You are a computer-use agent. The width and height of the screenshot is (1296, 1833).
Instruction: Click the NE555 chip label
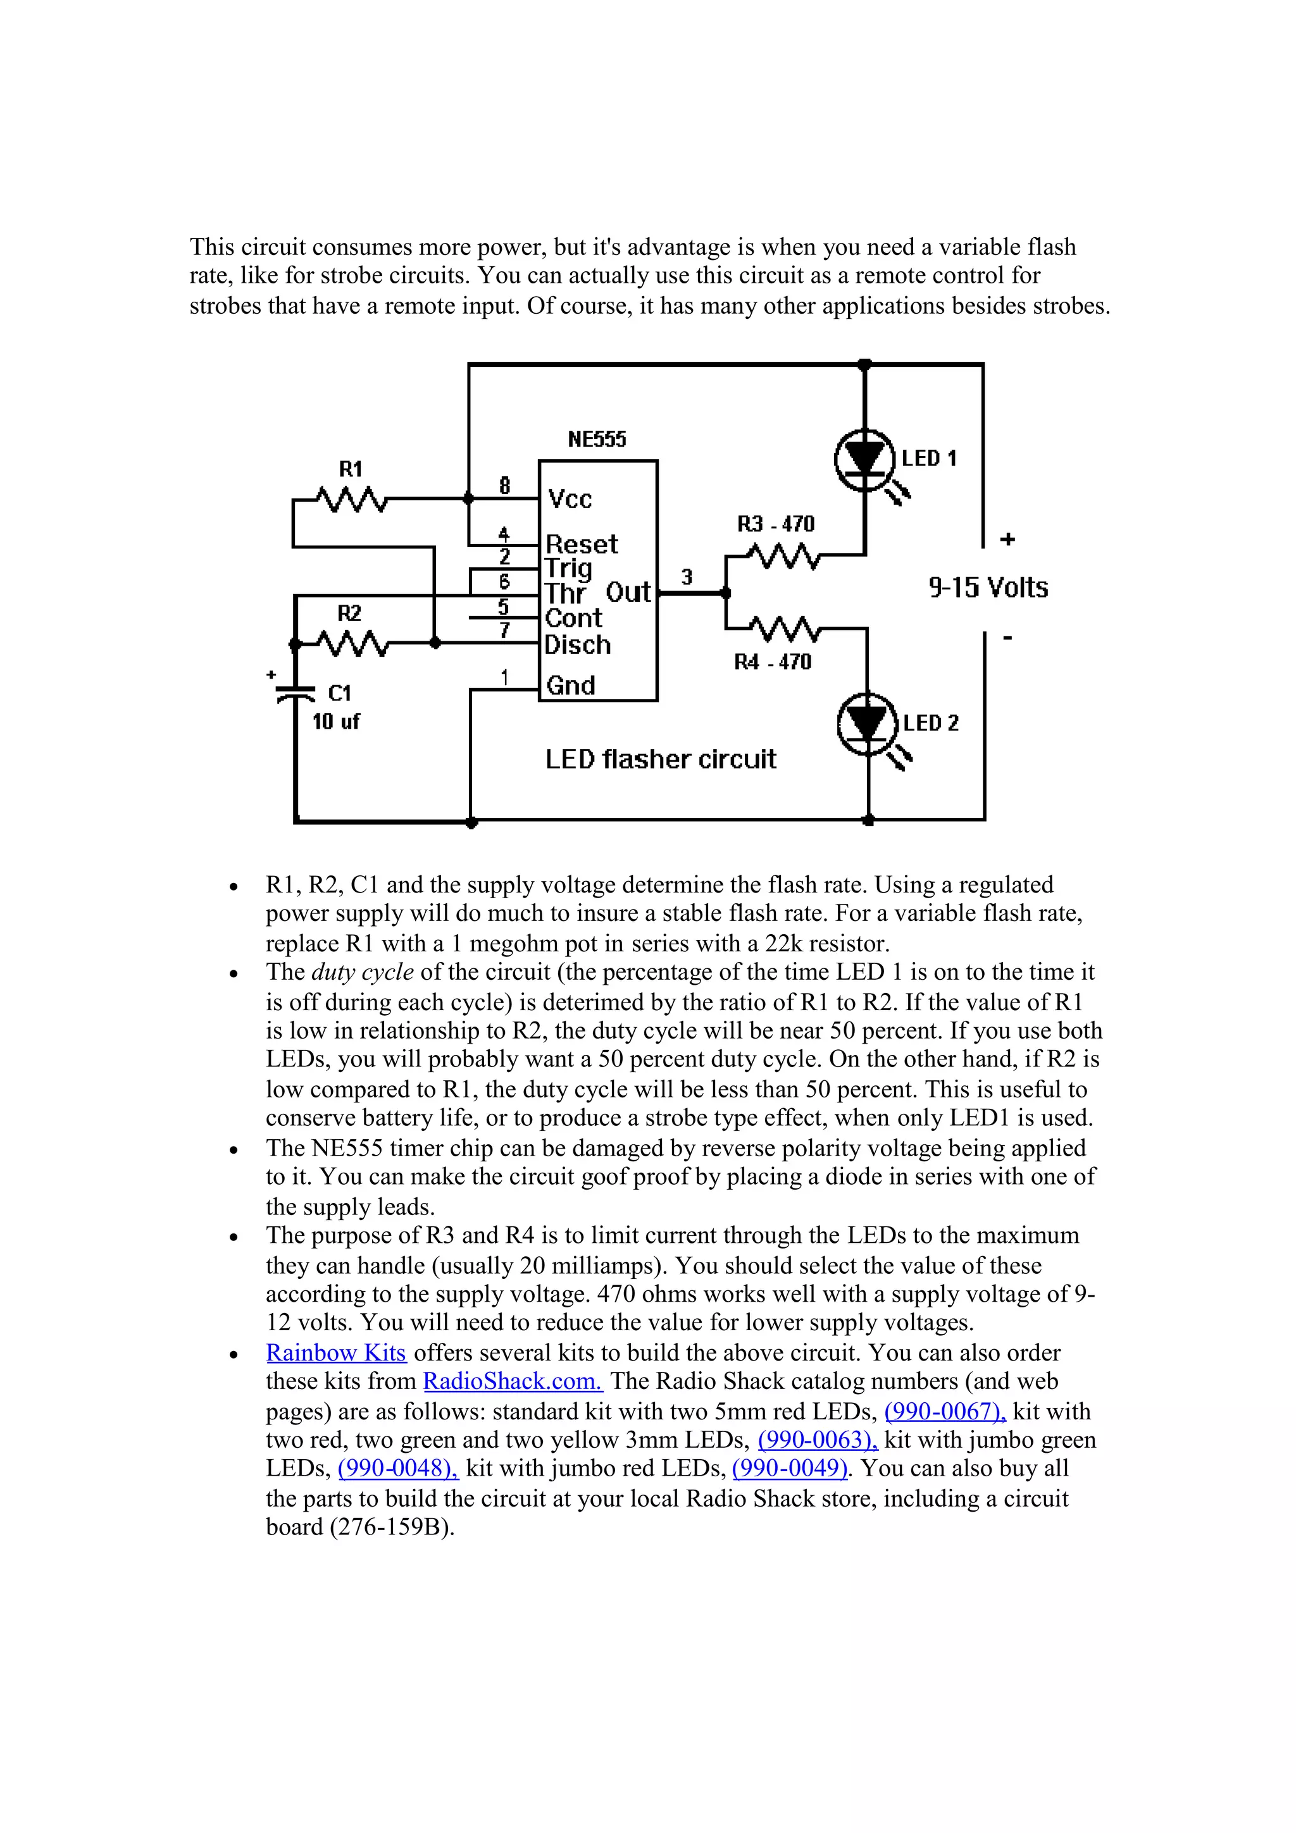click(x=597, y=439)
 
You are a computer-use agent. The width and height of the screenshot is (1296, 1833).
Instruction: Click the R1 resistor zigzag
click(x=351, y=500)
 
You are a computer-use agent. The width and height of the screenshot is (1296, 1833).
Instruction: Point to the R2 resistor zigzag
click(x=352, y=643)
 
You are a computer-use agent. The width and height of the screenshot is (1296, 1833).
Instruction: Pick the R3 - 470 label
click(x=775, y=524)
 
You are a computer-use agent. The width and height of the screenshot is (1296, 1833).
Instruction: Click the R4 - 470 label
click(x=772, y=662)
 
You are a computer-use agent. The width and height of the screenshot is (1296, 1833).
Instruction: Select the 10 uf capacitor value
click(x=335, y=722)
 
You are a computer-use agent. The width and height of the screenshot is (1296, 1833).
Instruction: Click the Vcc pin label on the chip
click(x=570, y=500)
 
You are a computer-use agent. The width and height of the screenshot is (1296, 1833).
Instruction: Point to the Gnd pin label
click(x=570, y=686)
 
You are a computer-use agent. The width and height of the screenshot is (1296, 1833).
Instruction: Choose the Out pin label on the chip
click(x=628, y=593)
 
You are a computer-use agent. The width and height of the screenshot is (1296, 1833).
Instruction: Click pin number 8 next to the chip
click(x=504, y=485)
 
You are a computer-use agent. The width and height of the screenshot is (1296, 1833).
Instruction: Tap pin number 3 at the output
click(x=687, y=576)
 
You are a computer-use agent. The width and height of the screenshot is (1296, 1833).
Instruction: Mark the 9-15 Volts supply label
click(x=988, y=588)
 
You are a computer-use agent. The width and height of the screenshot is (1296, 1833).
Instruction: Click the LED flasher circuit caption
click(x=661, y=758)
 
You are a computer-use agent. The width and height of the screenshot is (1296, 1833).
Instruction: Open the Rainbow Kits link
click(x=336, y=1353)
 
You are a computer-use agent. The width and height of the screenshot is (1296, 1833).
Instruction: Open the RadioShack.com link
click(x=513, y=1382)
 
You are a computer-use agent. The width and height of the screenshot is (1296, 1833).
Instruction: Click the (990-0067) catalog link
click(x=945, y=1412)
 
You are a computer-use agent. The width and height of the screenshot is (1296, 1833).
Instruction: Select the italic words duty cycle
click(x=362, y=972)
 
